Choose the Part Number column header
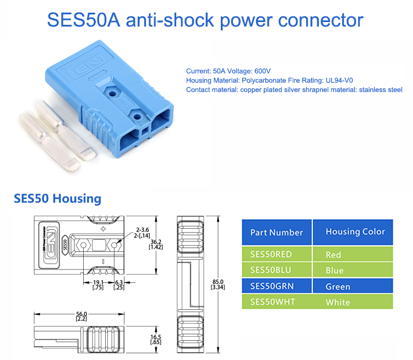276,232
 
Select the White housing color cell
338,302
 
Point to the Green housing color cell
338,286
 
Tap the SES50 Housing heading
57,198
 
